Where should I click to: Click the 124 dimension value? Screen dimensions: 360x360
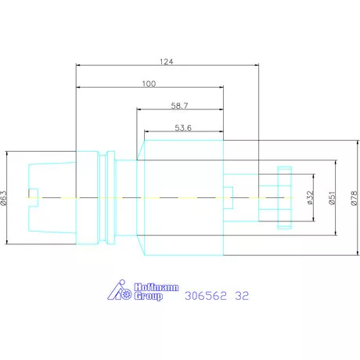166,62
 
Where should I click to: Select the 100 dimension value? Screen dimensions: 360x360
149,84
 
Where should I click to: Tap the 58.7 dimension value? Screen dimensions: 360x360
179,106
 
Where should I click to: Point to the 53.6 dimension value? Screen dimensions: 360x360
183,128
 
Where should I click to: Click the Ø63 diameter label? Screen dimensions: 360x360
4,198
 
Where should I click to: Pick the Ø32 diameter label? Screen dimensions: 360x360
310,197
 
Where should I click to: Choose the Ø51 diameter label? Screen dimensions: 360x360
332,198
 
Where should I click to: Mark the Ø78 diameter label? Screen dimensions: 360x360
354,198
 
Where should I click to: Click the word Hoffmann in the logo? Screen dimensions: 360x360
157,287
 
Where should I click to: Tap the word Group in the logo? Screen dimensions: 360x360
149,297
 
